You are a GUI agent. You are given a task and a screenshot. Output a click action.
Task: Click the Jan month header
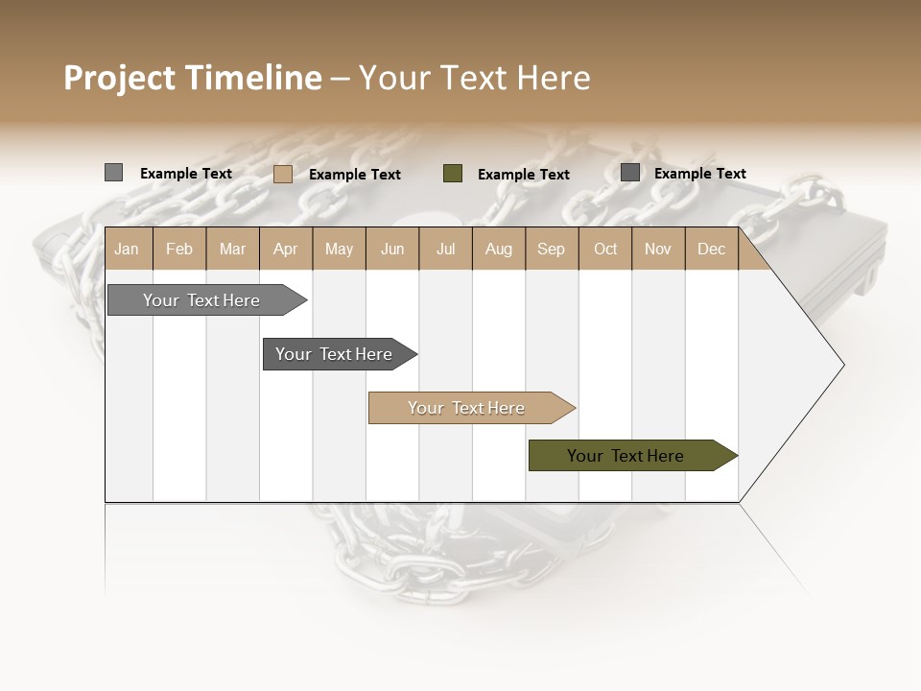[x=127, y=250]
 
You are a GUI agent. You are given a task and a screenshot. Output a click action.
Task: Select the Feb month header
[x=179, y=250]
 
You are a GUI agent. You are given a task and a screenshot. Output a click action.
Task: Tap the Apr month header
[x=285, y=250]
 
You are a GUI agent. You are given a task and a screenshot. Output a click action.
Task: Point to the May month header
[x=339, y=250]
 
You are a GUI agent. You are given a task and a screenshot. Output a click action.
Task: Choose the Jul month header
[x=445, y=250]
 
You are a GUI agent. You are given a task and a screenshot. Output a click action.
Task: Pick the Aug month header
[x=498, y=250]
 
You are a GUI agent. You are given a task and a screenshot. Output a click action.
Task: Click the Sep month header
[x=551, y=250]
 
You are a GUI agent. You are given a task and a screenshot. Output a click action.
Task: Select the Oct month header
[x=605, y=250]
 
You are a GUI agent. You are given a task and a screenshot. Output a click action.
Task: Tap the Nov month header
[x=658, y=250]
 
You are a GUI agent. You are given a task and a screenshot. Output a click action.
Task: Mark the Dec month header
[x=711, y=250]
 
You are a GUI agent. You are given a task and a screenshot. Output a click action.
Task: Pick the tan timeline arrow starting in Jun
[x=467, y=408]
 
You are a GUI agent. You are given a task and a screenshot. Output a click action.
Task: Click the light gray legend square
[x=113, y=173]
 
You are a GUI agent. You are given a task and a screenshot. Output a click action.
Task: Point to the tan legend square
[x=282, y=174]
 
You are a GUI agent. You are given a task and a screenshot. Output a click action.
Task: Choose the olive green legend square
[x=453, y=174]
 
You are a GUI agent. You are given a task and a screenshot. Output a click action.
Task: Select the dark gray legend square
[x=630, y=173]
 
